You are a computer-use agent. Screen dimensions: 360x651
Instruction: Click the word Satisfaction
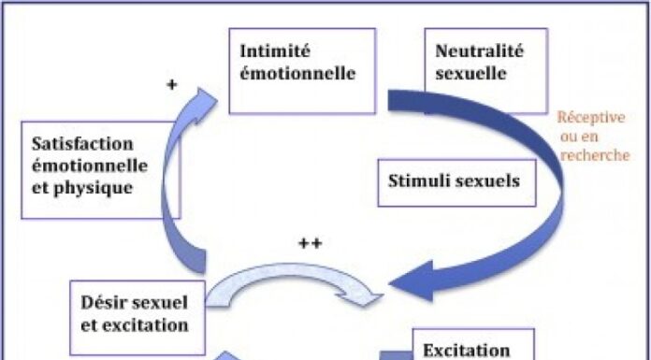[x=81, y=144]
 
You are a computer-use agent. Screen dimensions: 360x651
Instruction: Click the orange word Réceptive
[x=590, y=118]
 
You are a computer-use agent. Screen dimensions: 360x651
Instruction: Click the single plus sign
[x=171, y=84]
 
